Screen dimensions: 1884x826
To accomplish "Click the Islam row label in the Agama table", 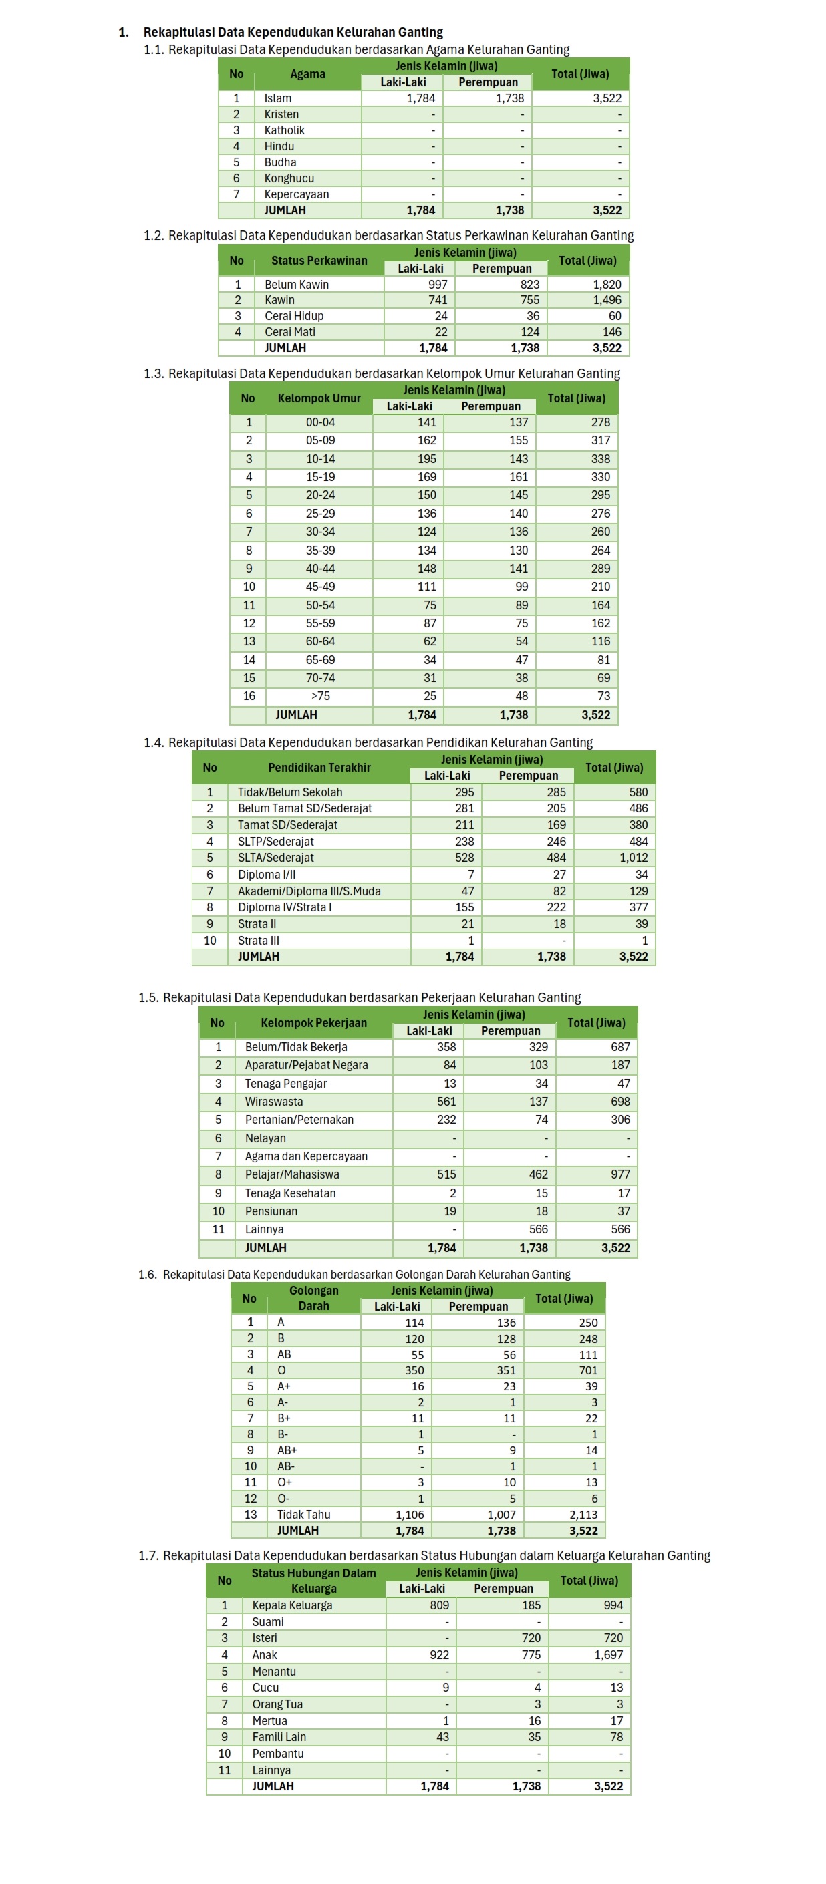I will click(x=277, y=98).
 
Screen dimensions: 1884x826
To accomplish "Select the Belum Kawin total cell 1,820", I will click(x=607, y=285).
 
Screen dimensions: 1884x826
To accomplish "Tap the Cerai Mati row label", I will click(x=290, y=332).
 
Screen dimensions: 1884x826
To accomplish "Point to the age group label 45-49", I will click(x=321, y=587).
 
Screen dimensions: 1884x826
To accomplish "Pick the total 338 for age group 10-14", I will click(x=600, y=458).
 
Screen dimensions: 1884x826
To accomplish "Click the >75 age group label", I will click(x=321, y=696).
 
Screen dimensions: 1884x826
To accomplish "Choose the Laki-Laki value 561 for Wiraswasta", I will click(x=446, y=1102).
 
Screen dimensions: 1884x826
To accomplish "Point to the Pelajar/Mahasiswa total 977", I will click(x=619, y=1174).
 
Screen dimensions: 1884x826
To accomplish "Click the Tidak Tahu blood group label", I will click(x=303, y=1514).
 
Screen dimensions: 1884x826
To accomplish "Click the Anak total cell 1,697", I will click(x=608, y=1654).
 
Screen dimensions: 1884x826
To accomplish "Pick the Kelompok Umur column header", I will click(x=319, y=398).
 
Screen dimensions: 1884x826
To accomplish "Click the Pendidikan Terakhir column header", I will click(x=319, y=767).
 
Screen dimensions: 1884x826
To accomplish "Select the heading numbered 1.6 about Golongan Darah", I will click(x=354, y=1274).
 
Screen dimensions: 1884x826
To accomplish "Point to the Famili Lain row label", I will click(x=279, y=1737).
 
